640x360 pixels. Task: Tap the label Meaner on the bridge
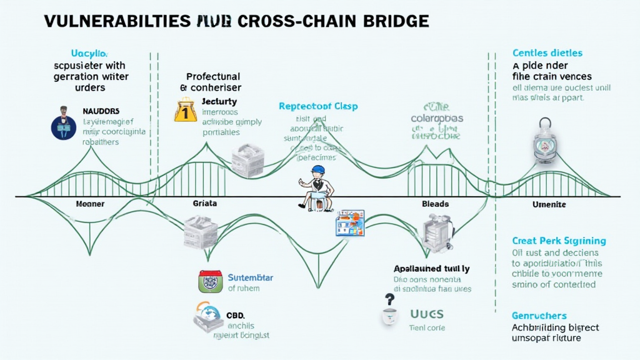pyautogui.click(x=90, y=204)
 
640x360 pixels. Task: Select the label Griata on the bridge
pyautogui.click(x=204, y=204)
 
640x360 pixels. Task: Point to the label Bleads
pyautogui.click(x=435, y=204)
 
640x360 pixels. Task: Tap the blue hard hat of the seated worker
pyautogui.click(x=318, y=170)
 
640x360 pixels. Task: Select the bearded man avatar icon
pyautogui.click(x=63, y=122)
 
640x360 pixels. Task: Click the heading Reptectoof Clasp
pyautogui.click(x=318, y=106)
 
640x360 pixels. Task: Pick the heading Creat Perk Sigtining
pyautogui.click(x=559, y=241)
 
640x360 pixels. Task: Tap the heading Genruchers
pyautogui.click(x=539, y=316)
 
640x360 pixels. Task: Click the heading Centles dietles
pyautogui.click(x=547, y=54)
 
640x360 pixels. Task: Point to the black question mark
pyautogui.click(x=389, y=299)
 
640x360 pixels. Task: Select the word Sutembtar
pyautogui.click(x=250, y=277)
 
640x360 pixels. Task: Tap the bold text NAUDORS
pyautogui.click(x=101, y=111)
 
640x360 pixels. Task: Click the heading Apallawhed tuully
pyautogui.click(x=431, y=268)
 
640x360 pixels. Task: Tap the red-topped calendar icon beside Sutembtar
pyautogui.click(x=209, y=281)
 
